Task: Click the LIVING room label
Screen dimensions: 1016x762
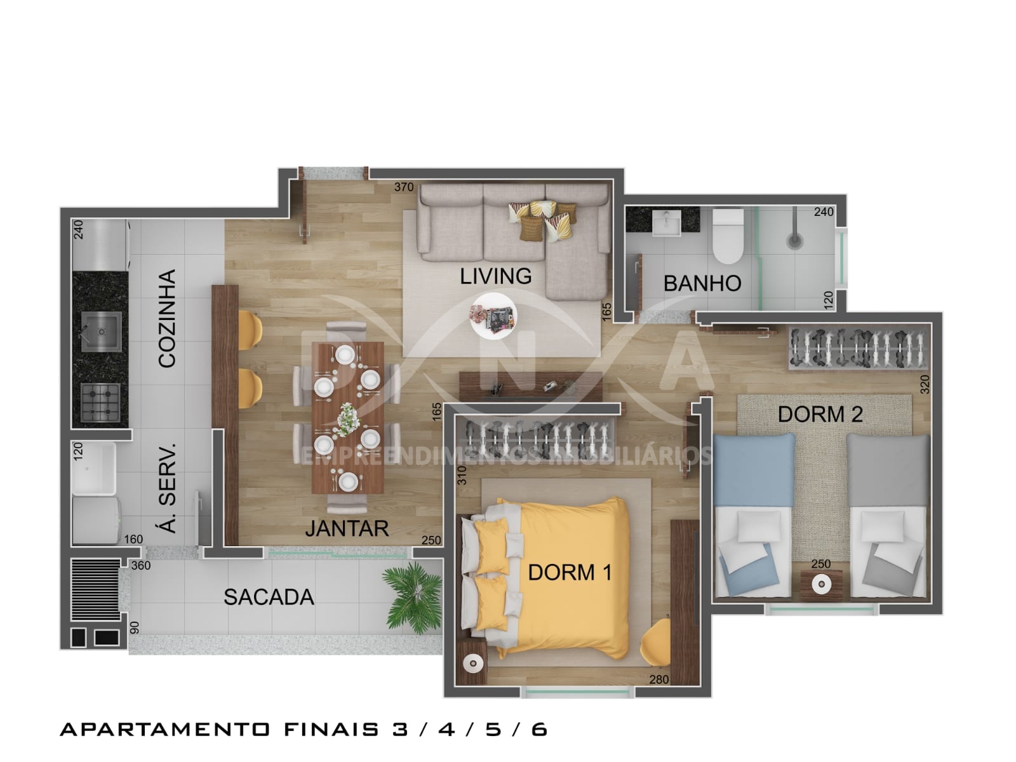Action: click(x=496, y=276)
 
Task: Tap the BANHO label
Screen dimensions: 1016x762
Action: click(x=702, y=283)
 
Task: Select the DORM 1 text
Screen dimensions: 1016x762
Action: click(x=570, y=572)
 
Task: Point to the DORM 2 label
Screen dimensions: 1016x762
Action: click(x=820, y=414)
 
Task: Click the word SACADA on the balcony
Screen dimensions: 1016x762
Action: click(x=269, y=597)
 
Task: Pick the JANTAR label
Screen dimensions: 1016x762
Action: click(x=347, y=528)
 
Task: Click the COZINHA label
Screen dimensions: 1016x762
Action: click(x=166, y=319)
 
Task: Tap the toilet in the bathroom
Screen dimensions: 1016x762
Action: click(x=728, y=236)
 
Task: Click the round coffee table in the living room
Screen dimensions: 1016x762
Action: click(x=493, y=316)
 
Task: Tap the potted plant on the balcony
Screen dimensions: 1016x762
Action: click(x=412, y=597)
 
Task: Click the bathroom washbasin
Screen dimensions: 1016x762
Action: click(x=667, y=221)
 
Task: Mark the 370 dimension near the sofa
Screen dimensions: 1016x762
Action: click(x=404, y=187)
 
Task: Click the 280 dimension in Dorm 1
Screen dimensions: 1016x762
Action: click(x=658, y=679)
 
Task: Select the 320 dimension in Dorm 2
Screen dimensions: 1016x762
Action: click(x=925, y=384)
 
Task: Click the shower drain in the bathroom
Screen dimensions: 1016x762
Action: click(x=795, y=241)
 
